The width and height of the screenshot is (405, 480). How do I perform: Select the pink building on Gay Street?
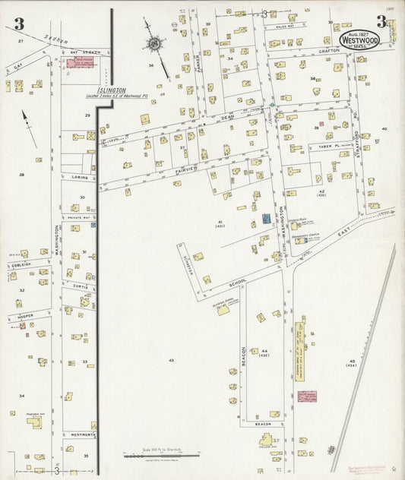pyautogui.click(x=82, y=65)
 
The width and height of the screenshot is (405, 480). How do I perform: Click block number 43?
pyautogui.click(x=172, y=359)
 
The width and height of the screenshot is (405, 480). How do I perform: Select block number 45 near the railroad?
pyautogui.click(x=352, y=362)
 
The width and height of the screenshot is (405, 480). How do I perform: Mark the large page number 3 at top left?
pyautogui.click(x=13, y=21)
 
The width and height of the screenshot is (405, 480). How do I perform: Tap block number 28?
pyautogui.click(x=21, y=175)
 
